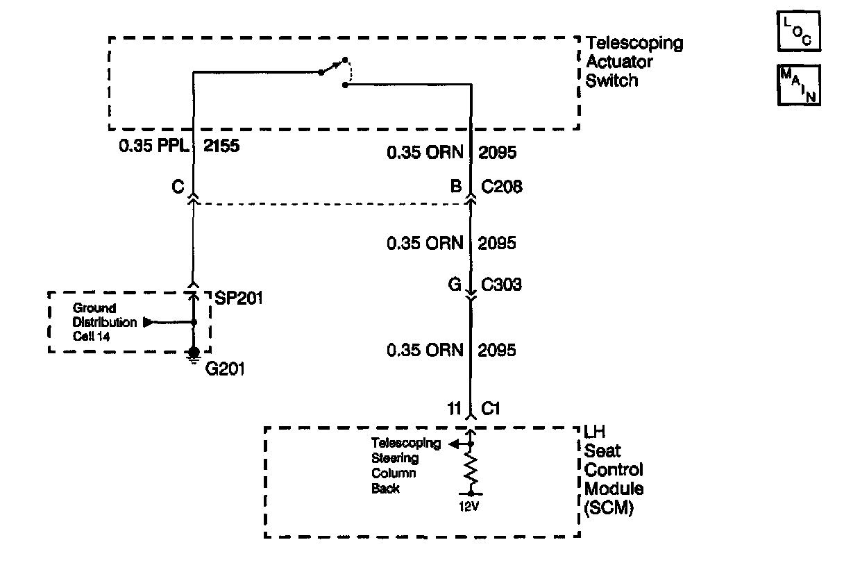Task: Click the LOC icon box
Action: (799, 32)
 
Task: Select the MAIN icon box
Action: (799, 85)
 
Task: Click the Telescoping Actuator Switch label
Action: (634, 62)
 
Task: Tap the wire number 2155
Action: (221, 147)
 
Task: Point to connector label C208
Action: (503, 186)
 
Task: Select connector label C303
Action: (503, 284)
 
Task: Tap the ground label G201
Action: (224, 369)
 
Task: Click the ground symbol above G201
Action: (194, 355)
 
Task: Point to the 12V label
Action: (469, 506)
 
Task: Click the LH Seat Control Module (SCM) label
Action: (614, 470)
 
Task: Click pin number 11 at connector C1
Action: (455, 409)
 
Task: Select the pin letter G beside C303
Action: (455, 284)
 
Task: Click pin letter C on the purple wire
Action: (178, 186)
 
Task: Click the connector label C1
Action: (491, 409)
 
